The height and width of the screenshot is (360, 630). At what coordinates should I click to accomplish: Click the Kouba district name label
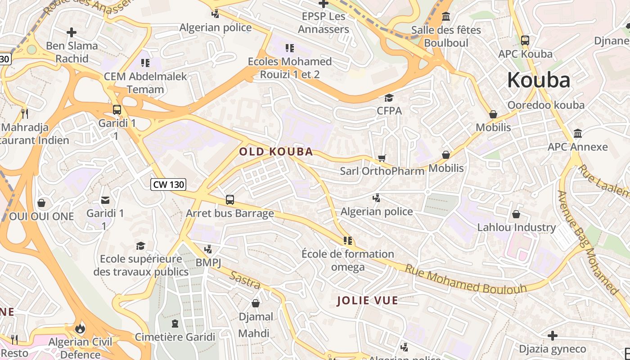coord(539,80)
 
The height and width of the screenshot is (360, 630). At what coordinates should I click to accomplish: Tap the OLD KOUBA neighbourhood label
coord(276,152)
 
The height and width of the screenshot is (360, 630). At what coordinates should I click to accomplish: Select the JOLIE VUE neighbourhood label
coord(368,301)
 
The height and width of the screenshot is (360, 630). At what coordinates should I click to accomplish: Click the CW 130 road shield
coord(168,184)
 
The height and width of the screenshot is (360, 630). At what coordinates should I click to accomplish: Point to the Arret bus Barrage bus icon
coord(230,200)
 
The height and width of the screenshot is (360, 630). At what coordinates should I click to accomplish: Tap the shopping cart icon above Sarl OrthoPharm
coord(382,158)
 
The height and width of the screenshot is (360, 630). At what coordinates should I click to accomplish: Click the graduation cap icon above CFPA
coord(389,98)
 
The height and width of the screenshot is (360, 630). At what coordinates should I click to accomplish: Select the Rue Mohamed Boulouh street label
coord(466,279)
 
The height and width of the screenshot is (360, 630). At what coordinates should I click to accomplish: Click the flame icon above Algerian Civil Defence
coord(80,328)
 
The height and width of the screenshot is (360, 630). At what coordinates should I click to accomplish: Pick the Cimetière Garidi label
coord(175,337)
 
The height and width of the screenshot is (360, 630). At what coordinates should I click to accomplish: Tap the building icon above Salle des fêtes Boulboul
coord(446,17)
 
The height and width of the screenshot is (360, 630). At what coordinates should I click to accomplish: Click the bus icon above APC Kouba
coord(525,40)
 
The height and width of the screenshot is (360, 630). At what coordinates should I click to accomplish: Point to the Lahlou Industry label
coord(517,227)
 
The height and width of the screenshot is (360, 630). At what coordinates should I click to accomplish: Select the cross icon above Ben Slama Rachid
coord(71,32)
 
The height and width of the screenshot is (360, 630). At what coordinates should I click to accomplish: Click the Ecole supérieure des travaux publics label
coord(141,265)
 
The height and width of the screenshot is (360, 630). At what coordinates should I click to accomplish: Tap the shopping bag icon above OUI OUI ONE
coord(41,203)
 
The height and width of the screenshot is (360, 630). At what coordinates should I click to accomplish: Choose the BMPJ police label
coord(208,262)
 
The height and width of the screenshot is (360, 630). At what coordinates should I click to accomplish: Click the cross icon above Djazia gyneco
coord(552,336)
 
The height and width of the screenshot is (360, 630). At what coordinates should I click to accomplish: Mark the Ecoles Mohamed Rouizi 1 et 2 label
coord(290,68)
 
